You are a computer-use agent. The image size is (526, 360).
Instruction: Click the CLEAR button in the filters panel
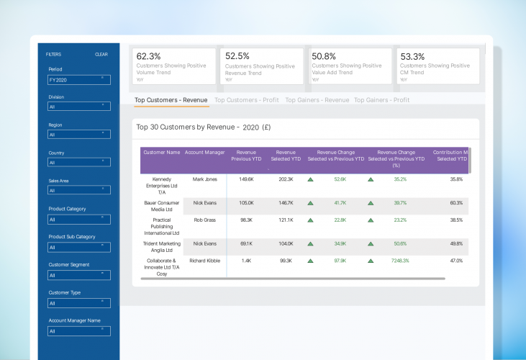[x=101, y=54]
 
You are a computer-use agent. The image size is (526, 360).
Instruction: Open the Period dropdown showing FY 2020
[x=79, y=80]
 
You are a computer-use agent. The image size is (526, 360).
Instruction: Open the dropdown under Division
[x=79, y=107]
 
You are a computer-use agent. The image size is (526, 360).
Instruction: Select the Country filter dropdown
[x=79, y=163]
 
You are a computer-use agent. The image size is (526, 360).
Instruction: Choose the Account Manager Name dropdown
[x=79, y=331]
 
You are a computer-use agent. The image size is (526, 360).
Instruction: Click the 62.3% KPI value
[x=149, y=56]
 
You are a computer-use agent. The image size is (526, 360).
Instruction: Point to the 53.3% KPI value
[x=412, y=56]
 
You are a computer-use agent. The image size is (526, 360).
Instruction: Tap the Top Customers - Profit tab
[x=246, y=100]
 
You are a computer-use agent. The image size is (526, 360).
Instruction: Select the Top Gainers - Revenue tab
[x=317, y=100]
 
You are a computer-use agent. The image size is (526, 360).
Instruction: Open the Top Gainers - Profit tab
[x=382, y=100]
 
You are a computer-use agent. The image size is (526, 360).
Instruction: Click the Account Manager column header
[x=205, y=153]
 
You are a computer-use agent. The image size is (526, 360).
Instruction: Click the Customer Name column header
[x=162, y=153]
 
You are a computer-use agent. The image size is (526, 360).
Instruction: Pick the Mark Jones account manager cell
[x=205, y=179]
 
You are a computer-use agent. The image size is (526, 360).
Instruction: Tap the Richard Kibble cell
[x=205, y=261]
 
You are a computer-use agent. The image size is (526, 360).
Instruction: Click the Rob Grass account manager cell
[x=205, y=220]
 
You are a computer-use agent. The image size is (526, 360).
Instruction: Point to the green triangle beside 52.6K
[x=310, y=179]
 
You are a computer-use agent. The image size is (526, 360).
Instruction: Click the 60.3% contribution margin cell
[x=456, y=203]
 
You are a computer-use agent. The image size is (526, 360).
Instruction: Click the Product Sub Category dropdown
[x=79, y=247]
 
